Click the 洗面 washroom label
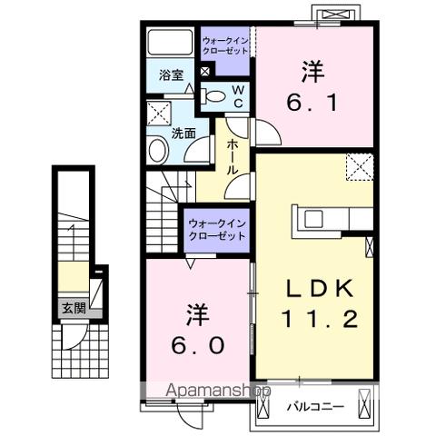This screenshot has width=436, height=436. (184, 134)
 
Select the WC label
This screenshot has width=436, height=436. (235, 97)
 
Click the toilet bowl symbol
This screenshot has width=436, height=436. (213, 94)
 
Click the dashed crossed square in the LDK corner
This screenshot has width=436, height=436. (358, 167)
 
